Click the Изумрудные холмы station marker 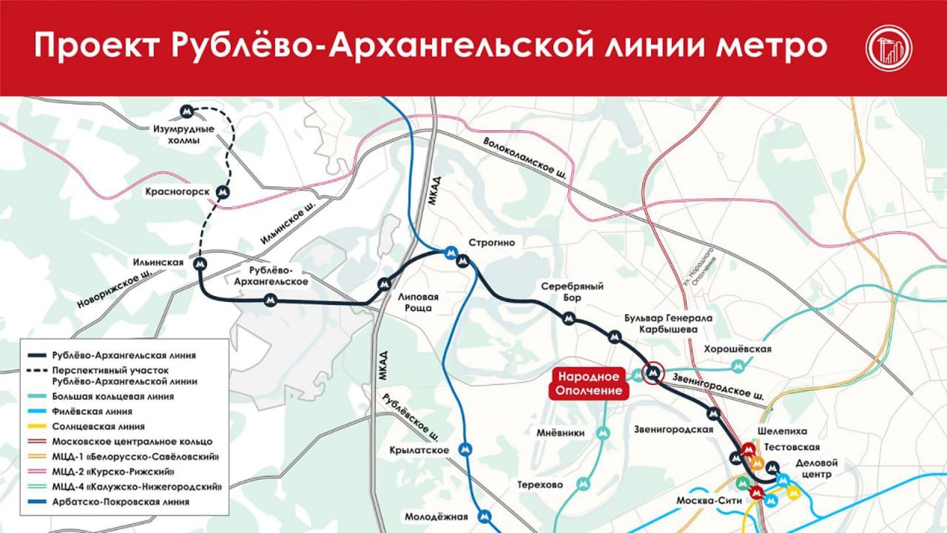(188, 113)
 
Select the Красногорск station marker (222, 192)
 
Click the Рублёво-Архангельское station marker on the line (271, 300)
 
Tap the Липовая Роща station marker (383, 284)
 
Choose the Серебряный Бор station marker (568, 318)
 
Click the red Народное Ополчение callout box (589, 383)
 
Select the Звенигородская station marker (713, 413)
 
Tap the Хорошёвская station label (738, 349)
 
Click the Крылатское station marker (465, 448)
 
